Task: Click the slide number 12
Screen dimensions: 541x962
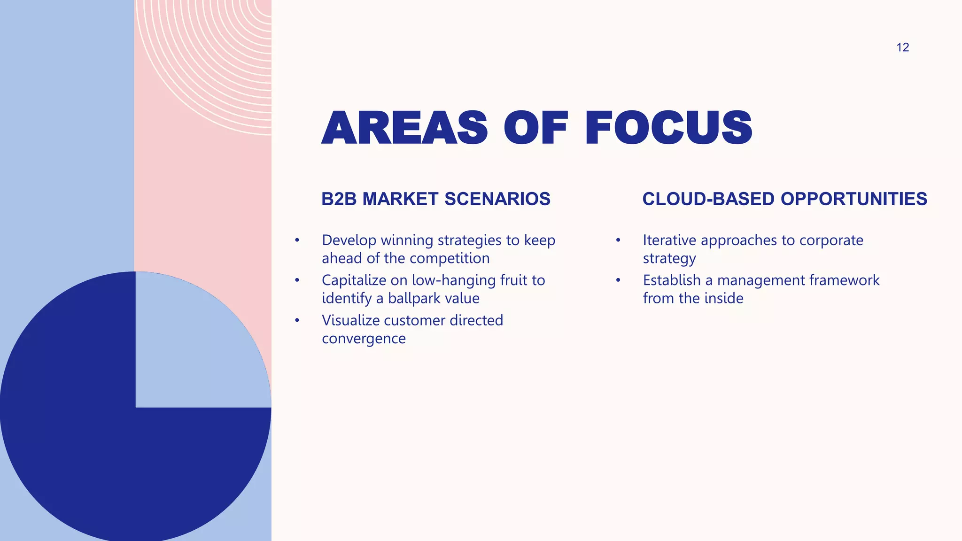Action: click(x=902, y=47)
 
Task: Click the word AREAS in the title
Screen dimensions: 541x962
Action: click(x=404, y=128)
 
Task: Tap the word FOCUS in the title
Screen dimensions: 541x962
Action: click(x=668, y=128)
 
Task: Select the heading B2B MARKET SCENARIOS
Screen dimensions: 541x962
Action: click(x=435, y=199)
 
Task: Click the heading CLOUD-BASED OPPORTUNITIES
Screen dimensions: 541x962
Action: click(x=784, y=199)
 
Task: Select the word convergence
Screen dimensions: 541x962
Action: click(x=364, y=339)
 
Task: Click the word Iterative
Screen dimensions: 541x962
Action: click(x=670, y=240)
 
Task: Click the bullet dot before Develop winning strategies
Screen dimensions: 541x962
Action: click(x=297, y=240)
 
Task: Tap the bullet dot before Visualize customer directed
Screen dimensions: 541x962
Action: click(x=297, y=321)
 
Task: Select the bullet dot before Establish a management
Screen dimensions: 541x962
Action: click(x=618, y=280)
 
